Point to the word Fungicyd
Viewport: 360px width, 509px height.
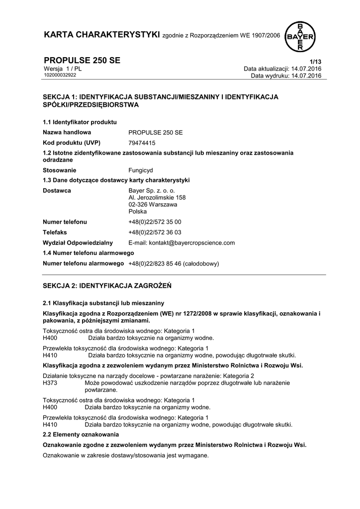tap(141, 170)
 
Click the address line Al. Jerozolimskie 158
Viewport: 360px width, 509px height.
tap(157, 197)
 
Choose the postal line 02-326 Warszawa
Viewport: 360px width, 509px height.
tap(153, 204)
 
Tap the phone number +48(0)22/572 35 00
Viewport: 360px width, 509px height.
tap(155, 222)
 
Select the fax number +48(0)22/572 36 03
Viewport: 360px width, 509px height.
tap(155, 232)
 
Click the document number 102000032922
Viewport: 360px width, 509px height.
tap(60, 75)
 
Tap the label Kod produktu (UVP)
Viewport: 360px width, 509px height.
tap(72, 142)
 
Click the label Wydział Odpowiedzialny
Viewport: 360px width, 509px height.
tap(78, 243)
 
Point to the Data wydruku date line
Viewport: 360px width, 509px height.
tap(286, 76)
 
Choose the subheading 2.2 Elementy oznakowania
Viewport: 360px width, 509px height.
tap(78, 434)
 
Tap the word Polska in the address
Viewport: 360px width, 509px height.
tap(138, 211)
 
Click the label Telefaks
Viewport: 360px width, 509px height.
tap(55, 232)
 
